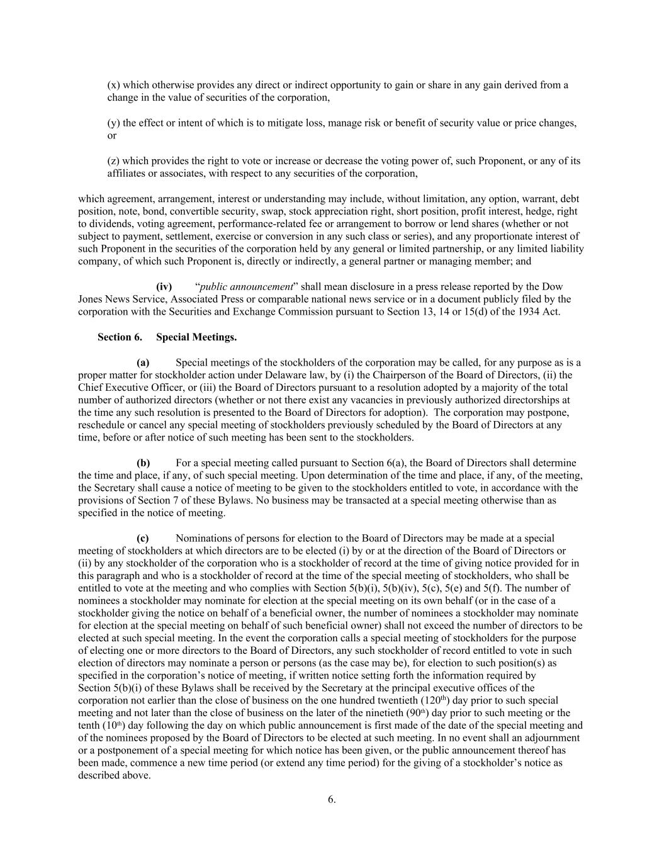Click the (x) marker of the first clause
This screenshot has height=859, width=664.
pyautogui.click(x=113, y=85)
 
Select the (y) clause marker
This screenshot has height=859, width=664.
pyautogui.click(x=113, y=123)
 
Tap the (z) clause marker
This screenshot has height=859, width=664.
pyautogui.click(x=113, y=160)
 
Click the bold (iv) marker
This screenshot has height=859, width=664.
pyautogui.click(x=164, y=287)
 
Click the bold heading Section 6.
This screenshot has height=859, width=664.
pyautogui.click(x=120, y=337)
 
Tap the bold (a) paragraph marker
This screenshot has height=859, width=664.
pyautogui.click(x=143, y=362)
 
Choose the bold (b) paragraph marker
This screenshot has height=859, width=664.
pyautogui.click(x=143, y=463)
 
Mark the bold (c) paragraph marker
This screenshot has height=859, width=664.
pyautogui.click(x=143, y=538)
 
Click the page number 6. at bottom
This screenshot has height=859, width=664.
pyautogui.click(x=332, y=799)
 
